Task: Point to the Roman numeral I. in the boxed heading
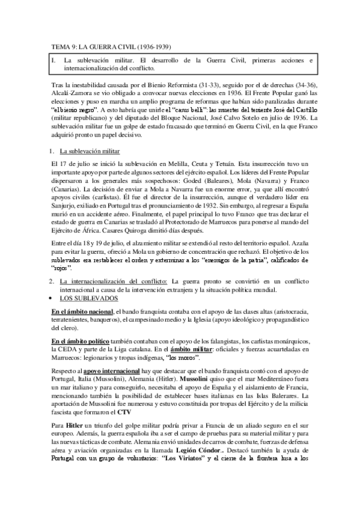54,61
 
